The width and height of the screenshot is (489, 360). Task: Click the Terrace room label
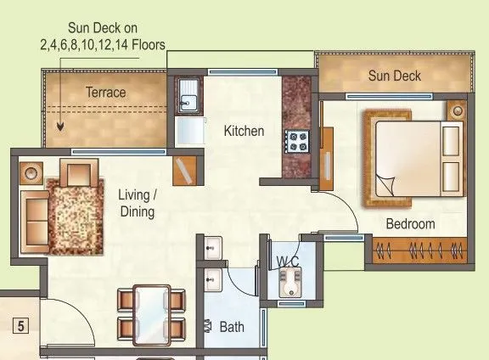click(x=105, y=92)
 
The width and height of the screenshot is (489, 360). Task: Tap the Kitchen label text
click(x=244, y=132)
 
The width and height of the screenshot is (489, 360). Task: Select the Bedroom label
click(x=410, y=224)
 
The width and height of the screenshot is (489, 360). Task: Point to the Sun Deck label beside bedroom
click(x=394, y=76)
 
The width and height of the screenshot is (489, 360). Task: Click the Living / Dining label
click(x=138, y=203)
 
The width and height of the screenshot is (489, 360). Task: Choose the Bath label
click(x=233, y=326)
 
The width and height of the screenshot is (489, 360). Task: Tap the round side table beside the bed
click(x=458, y=111)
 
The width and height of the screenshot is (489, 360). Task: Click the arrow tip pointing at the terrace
click(x=61, y=128)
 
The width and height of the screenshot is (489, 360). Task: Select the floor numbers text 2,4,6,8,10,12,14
click(x=102, y=44)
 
